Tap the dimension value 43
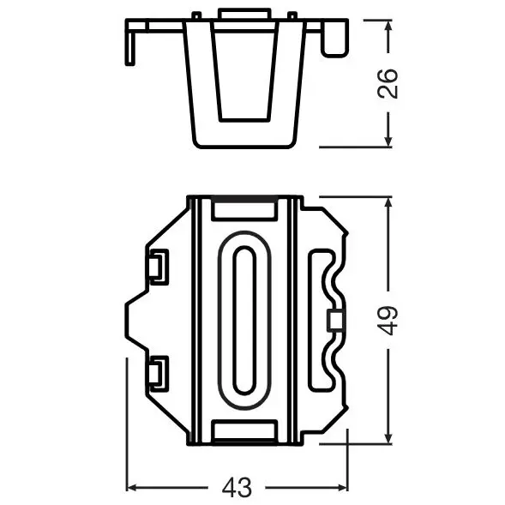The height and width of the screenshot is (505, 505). [x=237, y=488]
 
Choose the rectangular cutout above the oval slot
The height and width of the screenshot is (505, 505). [x=243, y=209]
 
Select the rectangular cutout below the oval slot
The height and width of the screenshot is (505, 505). [x=243, y=430]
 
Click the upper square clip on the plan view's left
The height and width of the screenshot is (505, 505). [x=157, y=266]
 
